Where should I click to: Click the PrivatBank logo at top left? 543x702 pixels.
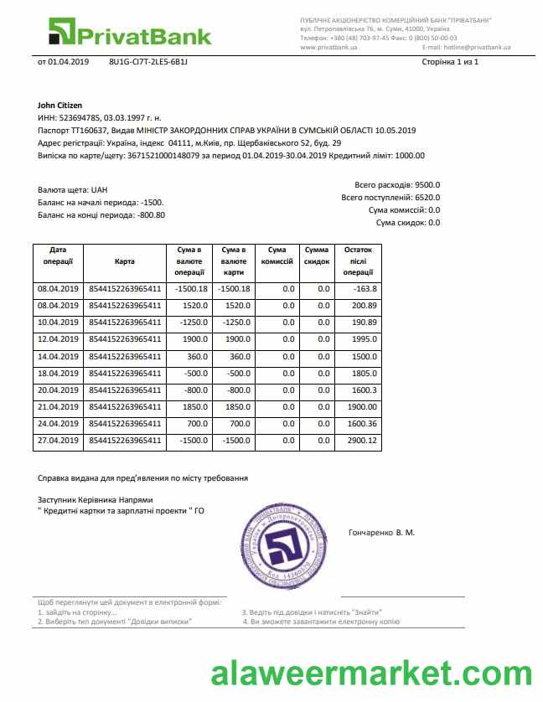click(129, 33)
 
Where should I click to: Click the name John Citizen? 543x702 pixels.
click(60, 106)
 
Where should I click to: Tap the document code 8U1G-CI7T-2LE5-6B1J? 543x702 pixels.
click(148, 63)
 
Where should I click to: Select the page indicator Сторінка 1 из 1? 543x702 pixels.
click(449, 63)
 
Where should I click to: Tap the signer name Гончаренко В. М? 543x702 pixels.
click(381, 533)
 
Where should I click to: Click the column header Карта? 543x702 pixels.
click(125, 261)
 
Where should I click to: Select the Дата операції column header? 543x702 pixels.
click(58, 256)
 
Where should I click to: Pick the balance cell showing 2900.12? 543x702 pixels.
click(361, 441)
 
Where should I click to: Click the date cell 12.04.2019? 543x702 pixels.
click(58, 339)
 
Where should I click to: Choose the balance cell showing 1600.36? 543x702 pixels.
click(361, 424)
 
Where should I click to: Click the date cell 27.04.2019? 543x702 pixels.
click(58, 441)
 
